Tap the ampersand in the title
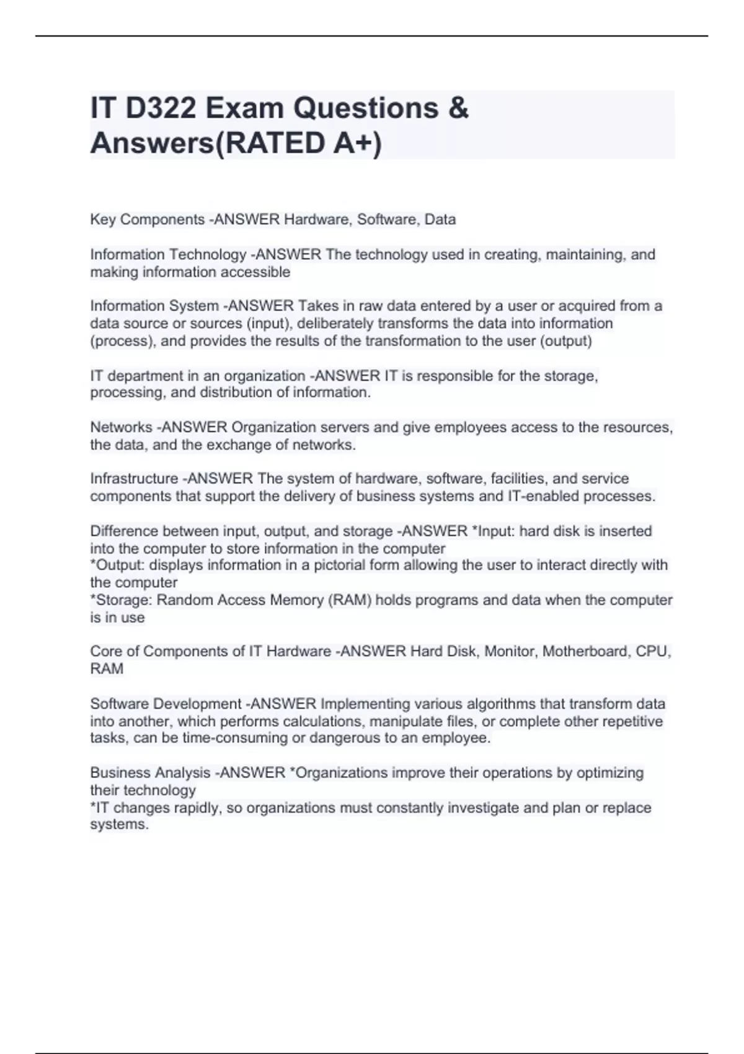pos(458,108)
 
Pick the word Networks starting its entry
pos(121,427)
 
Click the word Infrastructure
pos(134,479)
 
